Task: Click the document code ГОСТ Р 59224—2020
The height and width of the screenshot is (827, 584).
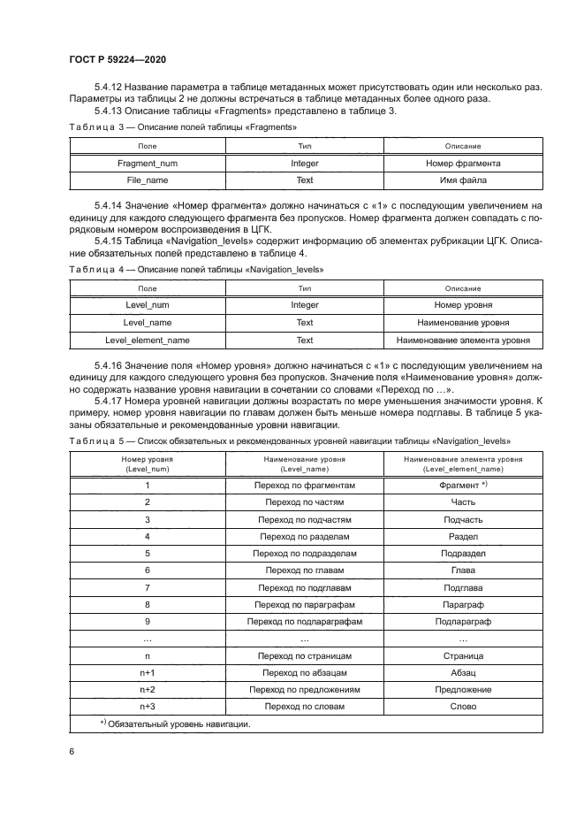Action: pyautogui.click(x=117, y=58)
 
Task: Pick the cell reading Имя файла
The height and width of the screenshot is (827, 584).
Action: pyautogui.click(x=463, y=180)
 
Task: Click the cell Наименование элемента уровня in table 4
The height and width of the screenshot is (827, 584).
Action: pyautogui.click(x=463, y=340)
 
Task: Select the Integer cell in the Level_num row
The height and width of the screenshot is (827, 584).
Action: pyautogui.click(x=305, y=305)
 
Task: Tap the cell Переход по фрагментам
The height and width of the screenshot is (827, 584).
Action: pyautogui.click(x=305, y=486)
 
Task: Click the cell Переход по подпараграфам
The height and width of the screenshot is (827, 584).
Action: pyautogui.click(x=305, y=622)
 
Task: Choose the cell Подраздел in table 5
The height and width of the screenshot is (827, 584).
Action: pyautogui.click(x=463, y=553)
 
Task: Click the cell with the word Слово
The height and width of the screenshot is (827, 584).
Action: pyautogui.click(x=463, y=706)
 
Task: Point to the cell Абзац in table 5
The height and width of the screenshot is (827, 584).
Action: pyautogui.click(x=463, y=672)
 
